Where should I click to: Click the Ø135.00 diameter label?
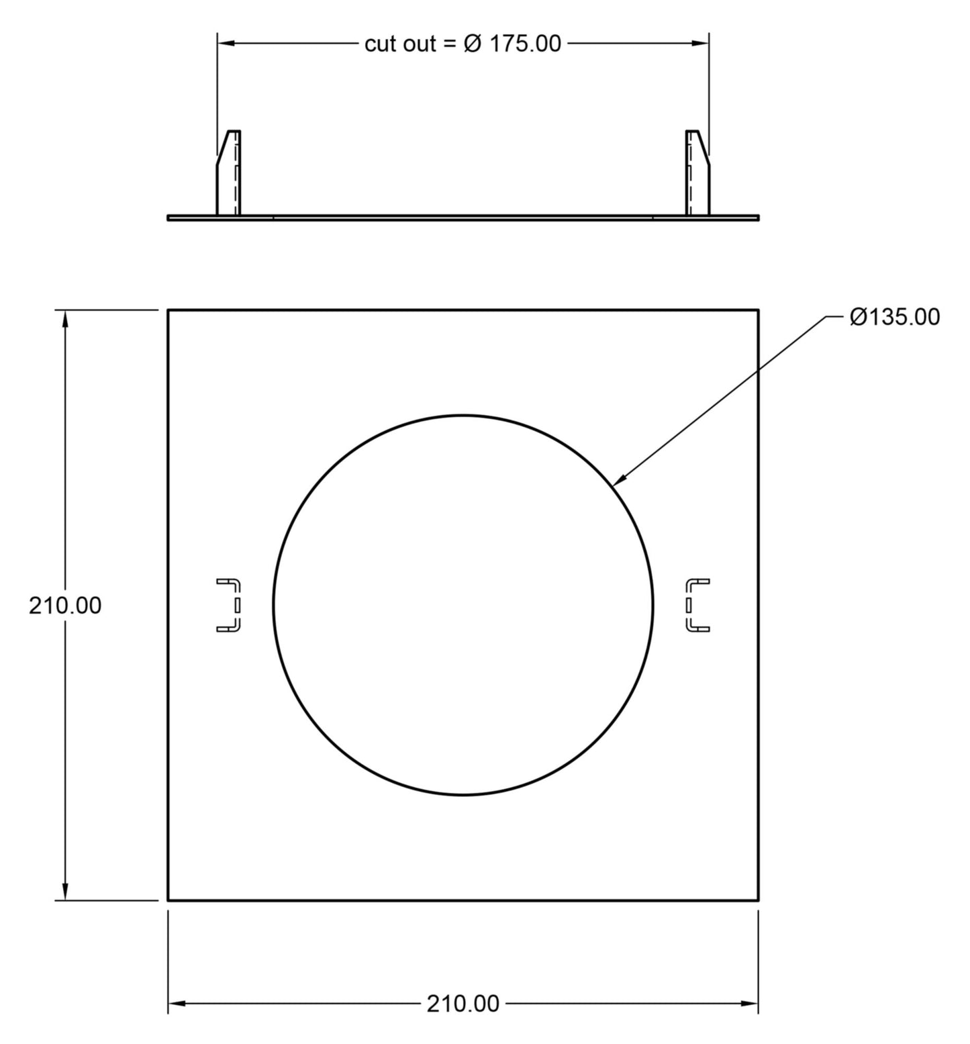point(894,317)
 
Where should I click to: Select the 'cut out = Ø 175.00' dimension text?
point(463,44)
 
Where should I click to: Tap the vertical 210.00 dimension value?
point(65,606)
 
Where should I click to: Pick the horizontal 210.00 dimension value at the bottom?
point(463,1004)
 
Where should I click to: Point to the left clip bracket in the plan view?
point(229,605)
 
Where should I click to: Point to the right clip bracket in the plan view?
point(697,605)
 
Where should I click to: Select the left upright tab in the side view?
point(229,173)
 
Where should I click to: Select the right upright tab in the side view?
point(697,173)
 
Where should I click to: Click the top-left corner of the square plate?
point(168,310)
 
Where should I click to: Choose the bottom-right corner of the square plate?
point(759,900)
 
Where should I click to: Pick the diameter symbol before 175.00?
point(473,44)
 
